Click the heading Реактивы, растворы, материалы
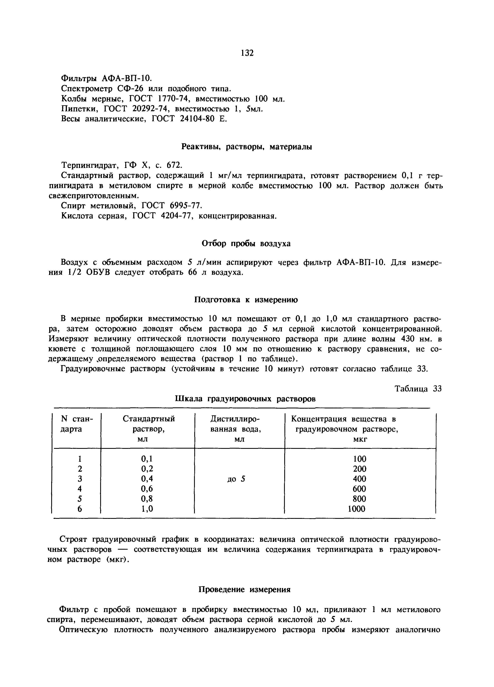tap(246, 147)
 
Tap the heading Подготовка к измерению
tap(246, 300)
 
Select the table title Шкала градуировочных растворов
tap(245, 399)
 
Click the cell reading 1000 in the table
tap(356, 509)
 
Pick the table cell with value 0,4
tap(147, 479)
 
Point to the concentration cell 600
tap(359, 489)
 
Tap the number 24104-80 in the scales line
tap(195, 119)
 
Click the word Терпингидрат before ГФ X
tap(91, 165)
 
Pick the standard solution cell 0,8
tap(147, 499)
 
